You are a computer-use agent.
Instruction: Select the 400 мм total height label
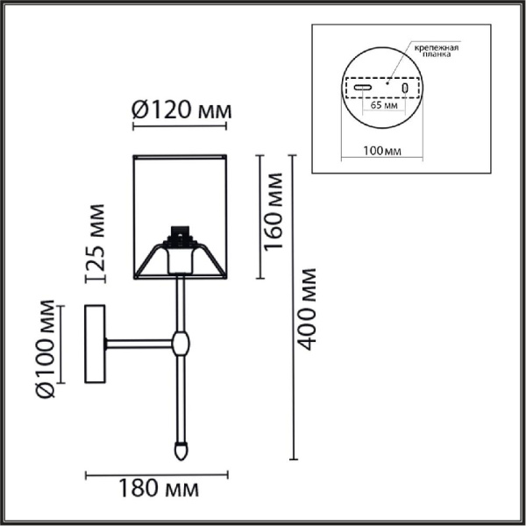point(306,309)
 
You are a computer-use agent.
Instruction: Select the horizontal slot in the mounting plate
point(364,88)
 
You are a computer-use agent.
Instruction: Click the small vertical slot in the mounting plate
point(405,89)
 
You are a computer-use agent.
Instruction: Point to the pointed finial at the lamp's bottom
point(181,451)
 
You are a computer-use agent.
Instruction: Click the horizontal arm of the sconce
point(140,343)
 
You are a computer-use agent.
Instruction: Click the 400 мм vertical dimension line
point(294,307)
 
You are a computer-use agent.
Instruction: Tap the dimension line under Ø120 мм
point(181,128)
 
